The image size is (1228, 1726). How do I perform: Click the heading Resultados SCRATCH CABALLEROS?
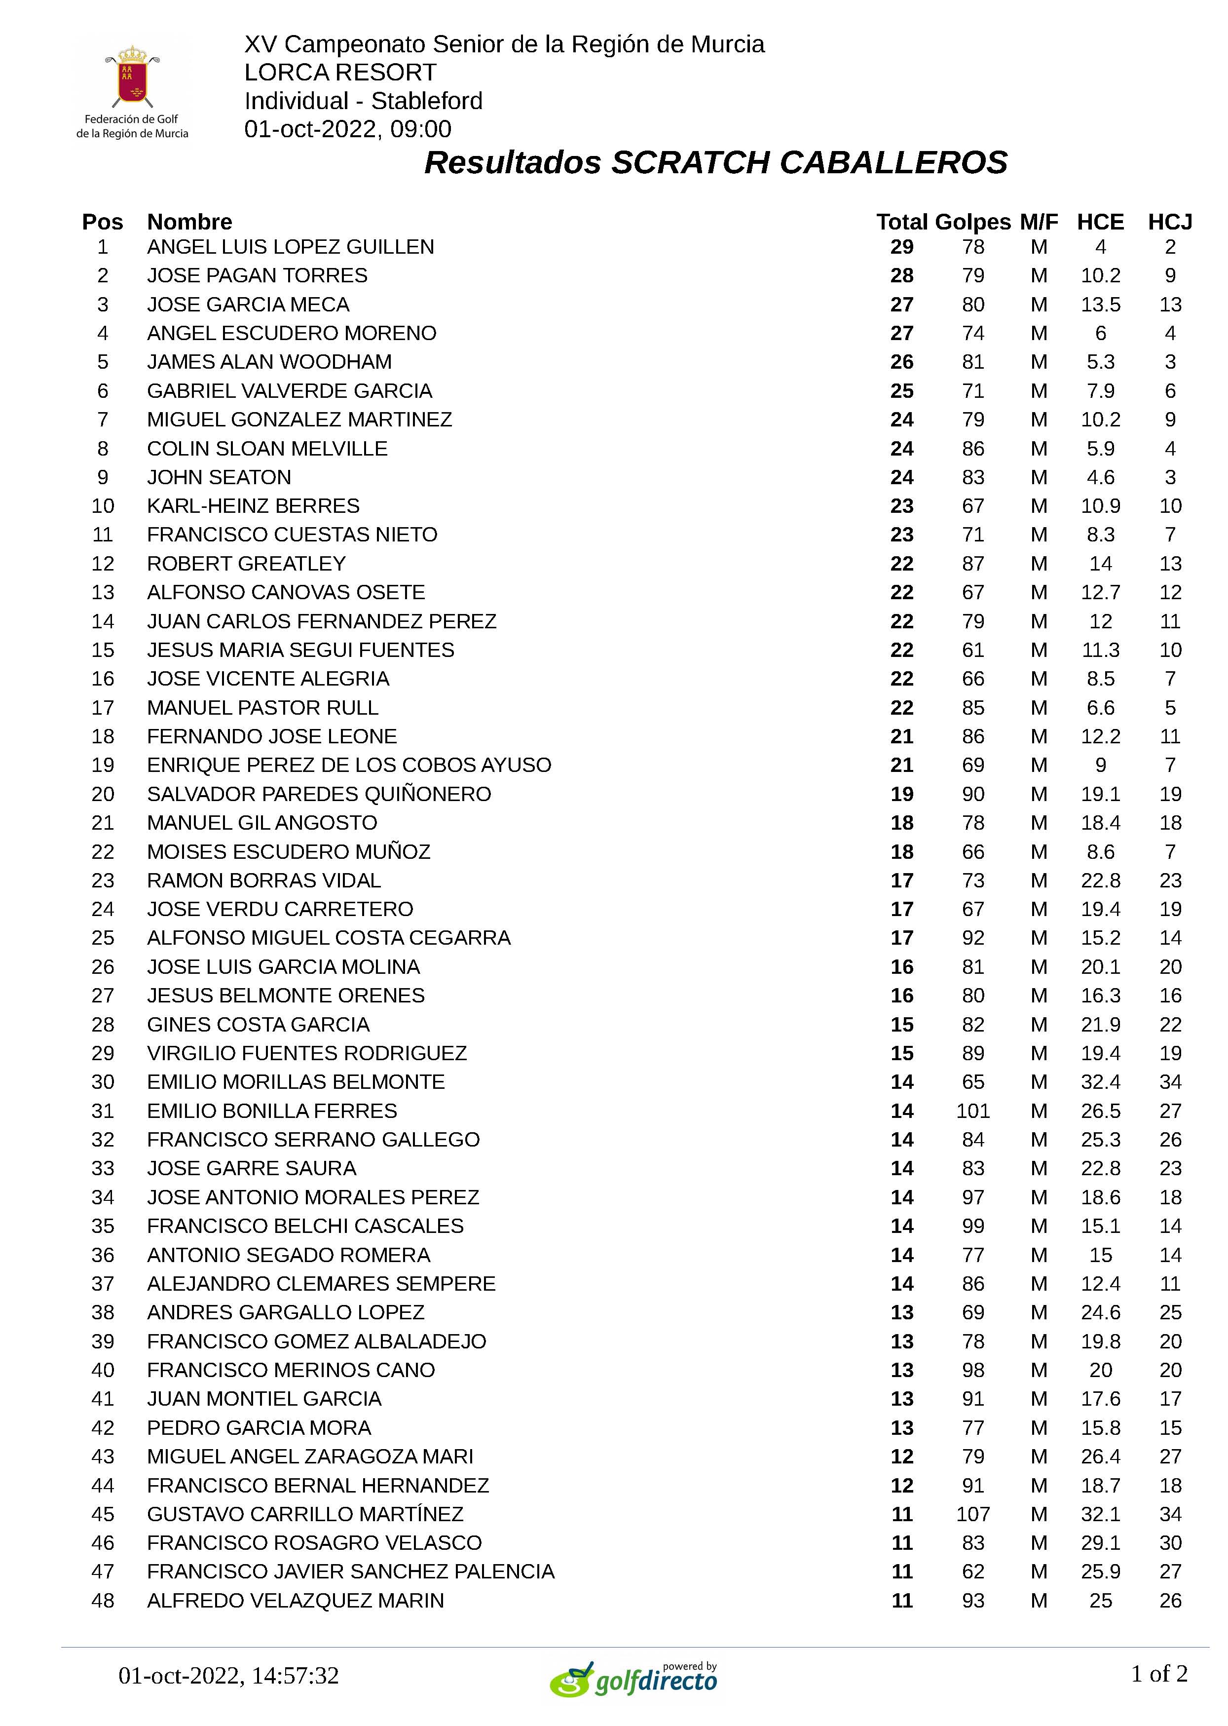715,162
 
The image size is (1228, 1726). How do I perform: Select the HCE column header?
1100,222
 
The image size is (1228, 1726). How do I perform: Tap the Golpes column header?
972,222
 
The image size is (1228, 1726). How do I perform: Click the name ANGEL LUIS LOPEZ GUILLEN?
291,247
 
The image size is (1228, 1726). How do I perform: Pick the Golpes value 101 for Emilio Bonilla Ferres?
972,1111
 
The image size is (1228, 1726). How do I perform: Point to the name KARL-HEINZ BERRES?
253,505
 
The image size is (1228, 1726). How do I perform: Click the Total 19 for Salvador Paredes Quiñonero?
901,794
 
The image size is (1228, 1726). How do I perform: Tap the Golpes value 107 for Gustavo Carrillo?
972,1514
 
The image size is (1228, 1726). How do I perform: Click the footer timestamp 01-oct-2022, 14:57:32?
228,1675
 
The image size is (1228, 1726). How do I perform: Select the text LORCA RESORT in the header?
340,73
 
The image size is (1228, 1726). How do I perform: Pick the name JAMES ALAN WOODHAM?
269,362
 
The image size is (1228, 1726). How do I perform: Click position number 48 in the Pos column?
103,1601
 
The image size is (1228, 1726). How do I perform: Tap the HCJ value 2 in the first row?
1170,247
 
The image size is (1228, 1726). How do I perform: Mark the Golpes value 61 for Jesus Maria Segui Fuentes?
972,650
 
